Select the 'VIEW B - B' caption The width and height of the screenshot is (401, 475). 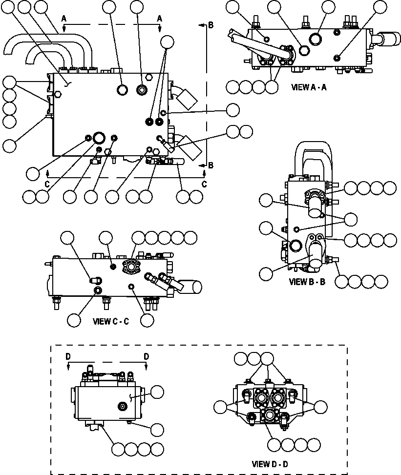(x=307, y=282)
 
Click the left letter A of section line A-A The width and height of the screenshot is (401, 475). (x=63, y=18)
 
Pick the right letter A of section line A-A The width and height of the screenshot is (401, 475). (x=159, y=18)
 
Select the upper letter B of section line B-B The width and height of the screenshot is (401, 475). (x=211, y=25)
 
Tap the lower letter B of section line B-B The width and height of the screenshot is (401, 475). (x=211, y=165)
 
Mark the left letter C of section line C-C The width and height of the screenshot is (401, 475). (x=47, y=184)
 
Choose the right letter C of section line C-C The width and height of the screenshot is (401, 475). (x=204, y=184)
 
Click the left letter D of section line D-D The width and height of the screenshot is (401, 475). (x=68, y=357)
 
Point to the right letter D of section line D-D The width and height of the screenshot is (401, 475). (x=146, y=357)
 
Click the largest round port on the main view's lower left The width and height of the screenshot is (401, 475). (x=100, y=138)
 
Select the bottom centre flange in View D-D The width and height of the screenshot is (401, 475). (x=269, y=416)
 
